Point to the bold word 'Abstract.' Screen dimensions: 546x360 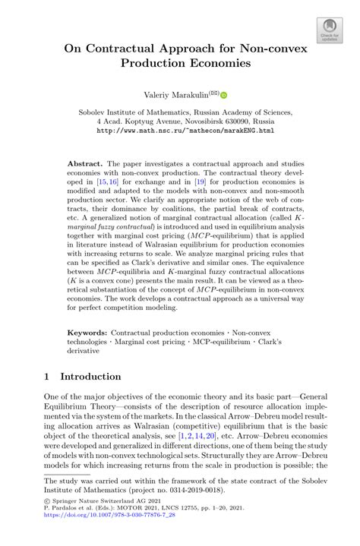(x=85, y=163)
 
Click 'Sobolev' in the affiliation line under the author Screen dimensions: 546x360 (x=96, y=110)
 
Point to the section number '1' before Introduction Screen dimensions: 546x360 (x=47, y=377)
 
